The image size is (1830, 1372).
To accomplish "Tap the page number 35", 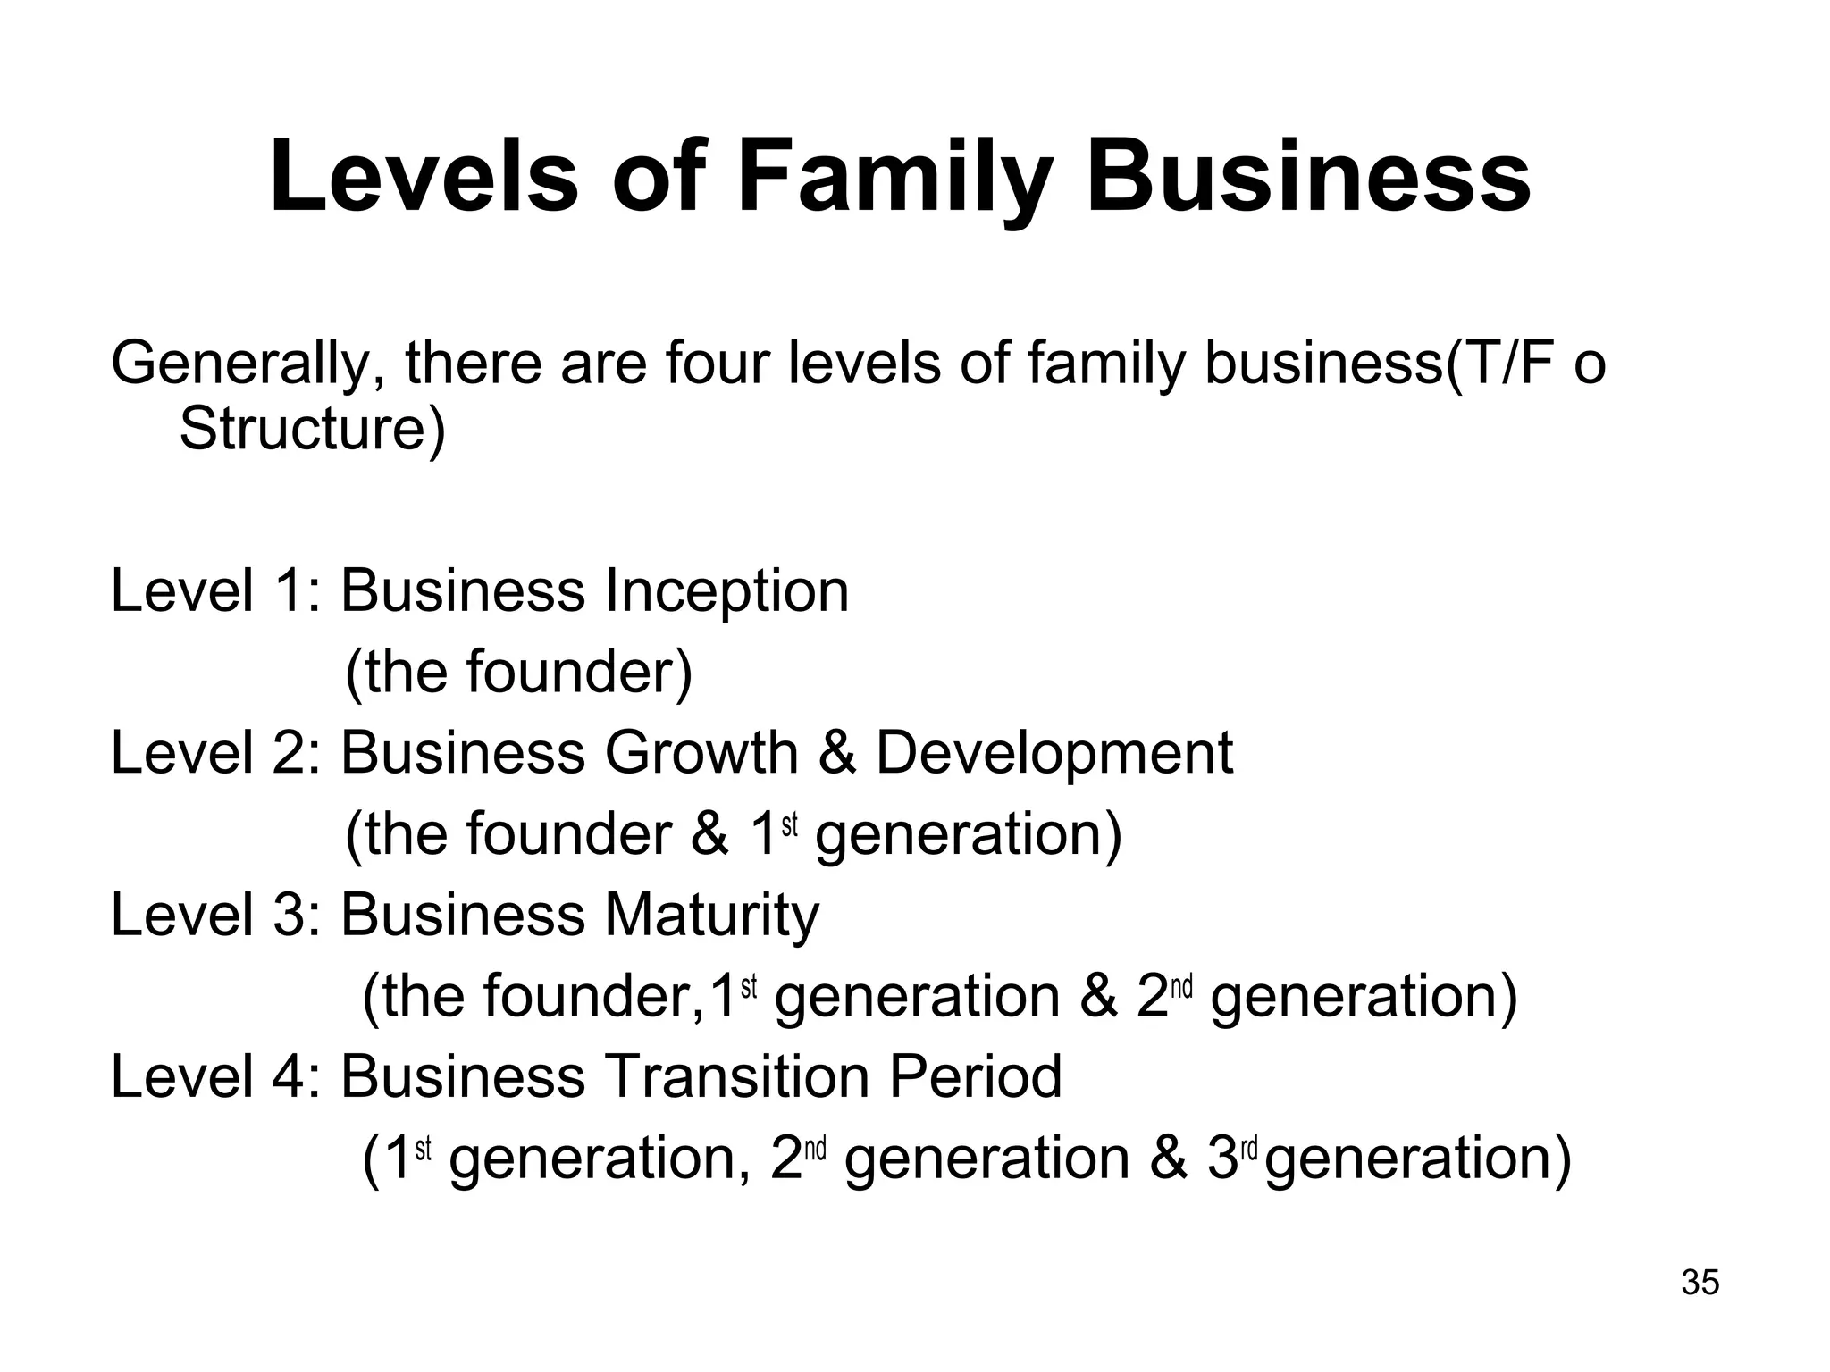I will [1700, 1283].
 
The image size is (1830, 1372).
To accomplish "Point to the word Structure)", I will [312, 428].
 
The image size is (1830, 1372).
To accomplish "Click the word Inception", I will [726, 591].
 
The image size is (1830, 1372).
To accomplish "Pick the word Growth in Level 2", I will [701, 752].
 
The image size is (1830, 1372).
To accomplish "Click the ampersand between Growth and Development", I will [836, 752].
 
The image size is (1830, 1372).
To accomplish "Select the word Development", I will [1054, 752].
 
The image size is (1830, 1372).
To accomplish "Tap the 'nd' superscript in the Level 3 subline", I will [1182, 987].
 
